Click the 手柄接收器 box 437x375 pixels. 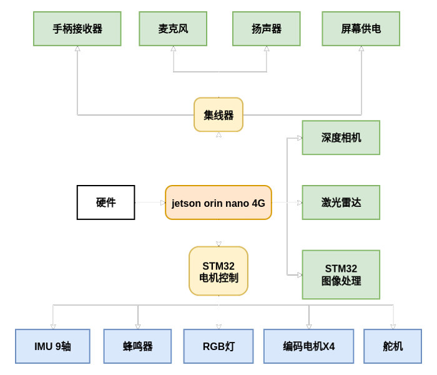77,29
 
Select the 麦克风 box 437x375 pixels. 173,29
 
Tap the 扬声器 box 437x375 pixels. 266,29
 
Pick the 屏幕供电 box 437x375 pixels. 361,29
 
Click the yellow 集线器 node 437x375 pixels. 219,115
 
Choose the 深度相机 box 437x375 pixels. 341,137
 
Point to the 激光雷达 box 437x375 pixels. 341,202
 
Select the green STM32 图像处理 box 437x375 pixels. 341,275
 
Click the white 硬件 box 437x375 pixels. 106,202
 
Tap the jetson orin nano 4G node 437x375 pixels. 219,202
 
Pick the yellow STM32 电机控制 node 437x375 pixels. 219,271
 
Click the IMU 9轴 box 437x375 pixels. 52,346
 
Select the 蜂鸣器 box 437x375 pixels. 137,346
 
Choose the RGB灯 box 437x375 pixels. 219,346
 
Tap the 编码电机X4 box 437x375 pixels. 308,346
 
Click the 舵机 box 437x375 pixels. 393,346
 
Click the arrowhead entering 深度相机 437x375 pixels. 299,138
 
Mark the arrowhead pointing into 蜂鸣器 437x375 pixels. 138,326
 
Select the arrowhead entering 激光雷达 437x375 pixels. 299,202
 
